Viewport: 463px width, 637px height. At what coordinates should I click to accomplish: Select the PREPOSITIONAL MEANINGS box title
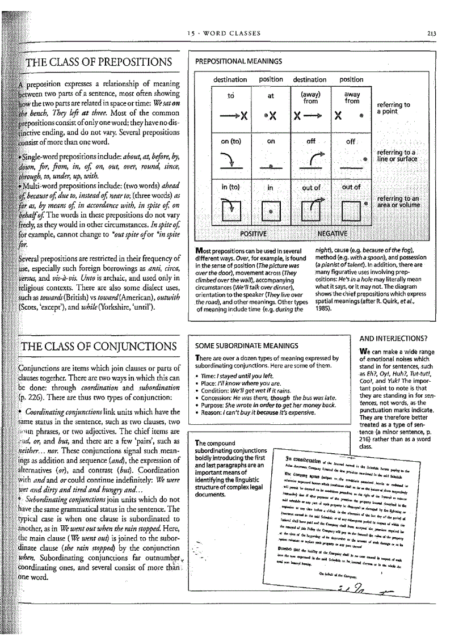238,61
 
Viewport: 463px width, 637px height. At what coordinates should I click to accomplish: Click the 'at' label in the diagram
271,96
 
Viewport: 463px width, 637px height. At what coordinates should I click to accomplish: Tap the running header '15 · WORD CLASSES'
225,33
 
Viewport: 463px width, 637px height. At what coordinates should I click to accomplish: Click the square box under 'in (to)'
231,212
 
